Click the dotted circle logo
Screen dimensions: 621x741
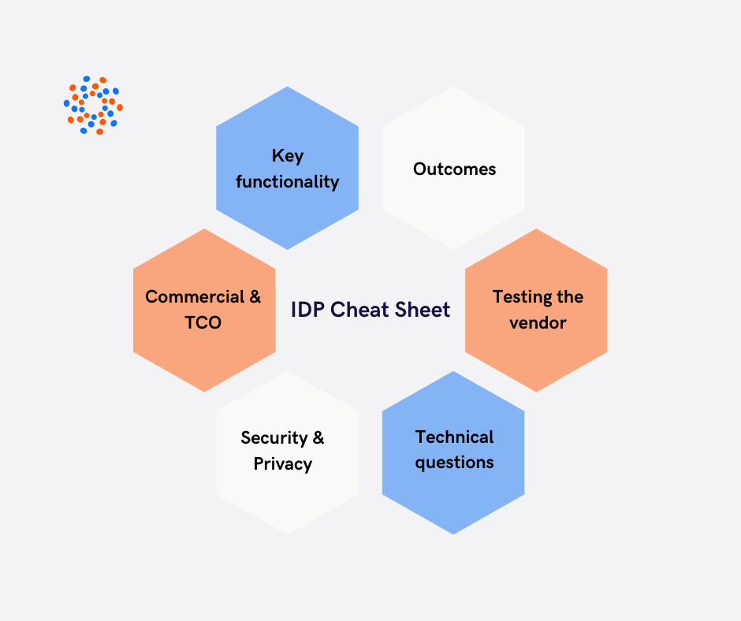93,105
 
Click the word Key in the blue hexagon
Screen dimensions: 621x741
287,155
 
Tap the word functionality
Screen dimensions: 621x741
287,182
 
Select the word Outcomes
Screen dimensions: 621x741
454,169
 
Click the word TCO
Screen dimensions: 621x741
203,323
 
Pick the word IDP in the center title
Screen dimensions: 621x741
307,310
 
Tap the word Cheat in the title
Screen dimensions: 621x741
359,310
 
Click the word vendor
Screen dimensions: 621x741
538,323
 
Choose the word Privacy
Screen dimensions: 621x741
282,464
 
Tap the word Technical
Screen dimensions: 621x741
454,437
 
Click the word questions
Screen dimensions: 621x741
454,463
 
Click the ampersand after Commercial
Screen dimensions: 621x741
255,297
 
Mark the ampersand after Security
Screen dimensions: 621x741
318,437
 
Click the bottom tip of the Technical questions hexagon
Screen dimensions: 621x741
453,533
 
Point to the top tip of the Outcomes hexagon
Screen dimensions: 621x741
453,87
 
